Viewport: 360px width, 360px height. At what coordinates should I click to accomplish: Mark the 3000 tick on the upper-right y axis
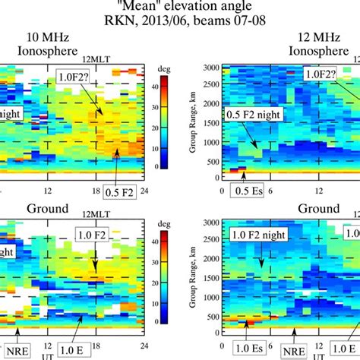click(211, 68)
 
